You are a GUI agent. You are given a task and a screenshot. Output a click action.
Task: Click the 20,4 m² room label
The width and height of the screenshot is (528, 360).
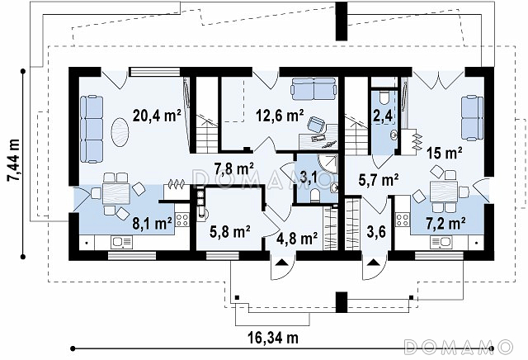click(x=157, y=116)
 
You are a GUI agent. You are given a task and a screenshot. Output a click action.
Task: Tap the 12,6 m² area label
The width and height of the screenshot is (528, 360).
click(x=280, y=116)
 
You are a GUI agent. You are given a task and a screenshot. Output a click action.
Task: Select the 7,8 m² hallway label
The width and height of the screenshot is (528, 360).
click(x=234, y=168)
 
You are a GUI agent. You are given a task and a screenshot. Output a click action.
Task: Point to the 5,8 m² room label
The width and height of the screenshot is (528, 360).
click(x=230, y=231)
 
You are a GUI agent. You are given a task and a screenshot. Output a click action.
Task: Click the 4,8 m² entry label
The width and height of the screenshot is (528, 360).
click(x=297, y=239)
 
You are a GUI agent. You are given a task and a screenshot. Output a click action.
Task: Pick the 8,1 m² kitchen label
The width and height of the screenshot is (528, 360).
click(x=152, y=223)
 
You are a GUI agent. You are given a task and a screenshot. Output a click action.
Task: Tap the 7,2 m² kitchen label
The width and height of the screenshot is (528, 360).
click(x=445, y=223)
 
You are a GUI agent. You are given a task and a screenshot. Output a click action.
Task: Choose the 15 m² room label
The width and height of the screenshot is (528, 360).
click(x=444, y=154)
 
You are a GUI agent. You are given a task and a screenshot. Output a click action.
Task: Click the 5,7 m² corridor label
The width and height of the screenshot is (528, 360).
click(x=379, y=180)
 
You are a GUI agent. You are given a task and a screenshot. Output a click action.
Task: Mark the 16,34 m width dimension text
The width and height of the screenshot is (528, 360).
click(x=273, y=337)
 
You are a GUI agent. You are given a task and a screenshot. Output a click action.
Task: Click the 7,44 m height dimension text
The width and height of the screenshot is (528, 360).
click(x=14, y=160)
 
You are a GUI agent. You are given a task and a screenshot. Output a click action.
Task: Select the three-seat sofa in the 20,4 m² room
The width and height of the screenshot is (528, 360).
click(x=92, y=129)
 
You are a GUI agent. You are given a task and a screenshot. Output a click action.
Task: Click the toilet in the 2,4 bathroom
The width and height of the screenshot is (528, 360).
click(x=384, y=97)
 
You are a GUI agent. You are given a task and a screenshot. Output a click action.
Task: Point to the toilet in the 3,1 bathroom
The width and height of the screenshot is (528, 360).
click(x=315, y=196)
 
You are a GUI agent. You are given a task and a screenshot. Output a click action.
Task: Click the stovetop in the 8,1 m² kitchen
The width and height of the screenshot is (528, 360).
click(x=182, y=220)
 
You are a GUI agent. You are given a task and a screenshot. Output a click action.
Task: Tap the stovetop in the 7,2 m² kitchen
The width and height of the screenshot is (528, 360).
click(x=403, y=220)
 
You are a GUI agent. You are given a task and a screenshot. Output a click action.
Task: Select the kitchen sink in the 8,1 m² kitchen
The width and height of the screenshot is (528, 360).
click(x=122, y=242)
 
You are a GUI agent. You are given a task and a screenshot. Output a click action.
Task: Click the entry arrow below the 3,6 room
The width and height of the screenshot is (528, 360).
click(x=374, y=263)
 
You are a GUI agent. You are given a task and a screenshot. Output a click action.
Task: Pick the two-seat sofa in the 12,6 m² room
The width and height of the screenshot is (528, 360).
click(x=313, y=88)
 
